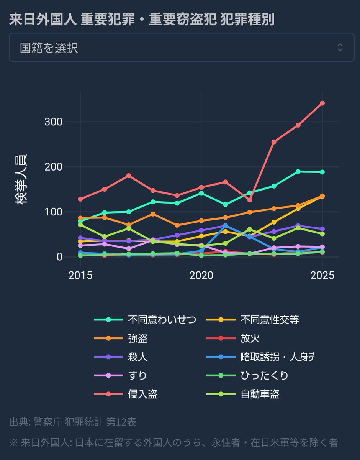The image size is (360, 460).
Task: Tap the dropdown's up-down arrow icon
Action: click(x=340, y=48)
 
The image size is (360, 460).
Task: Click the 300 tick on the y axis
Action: click(x=53, y=122)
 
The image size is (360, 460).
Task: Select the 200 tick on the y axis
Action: click(x=53, y=167)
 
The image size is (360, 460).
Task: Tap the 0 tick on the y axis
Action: click(x=59, y=257)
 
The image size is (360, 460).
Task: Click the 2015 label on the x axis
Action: click(x=80, y=275)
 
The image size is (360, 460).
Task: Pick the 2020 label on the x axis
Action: click(x=201, y=275)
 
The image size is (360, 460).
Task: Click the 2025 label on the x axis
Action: click(x=322, y=275)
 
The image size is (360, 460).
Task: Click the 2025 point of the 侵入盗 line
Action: click(x=322, y=103)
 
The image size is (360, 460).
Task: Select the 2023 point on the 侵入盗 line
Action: click(x=274, y=142)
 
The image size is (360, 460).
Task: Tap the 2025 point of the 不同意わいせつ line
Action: click(x=322, y=172)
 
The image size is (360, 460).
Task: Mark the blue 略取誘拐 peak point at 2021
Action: click(x=226, y=225)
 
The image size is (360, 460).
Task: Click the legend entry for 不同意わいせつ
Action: click(x=146, y=320)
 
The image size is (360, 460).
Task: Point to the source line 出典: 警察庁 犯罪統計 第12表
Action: click(x=73, y=422)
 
